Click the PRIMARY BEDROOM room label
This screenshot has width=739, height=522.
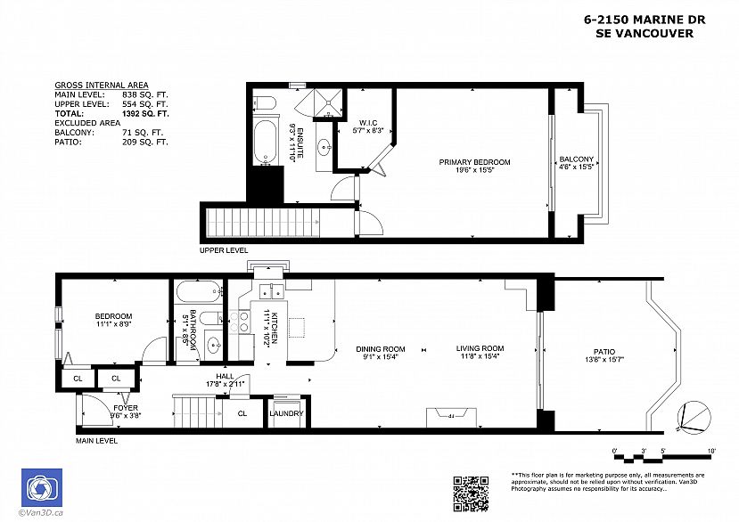(x=474, y=162)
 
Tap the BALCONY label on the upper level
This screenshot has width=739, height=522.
(x=576, y=159)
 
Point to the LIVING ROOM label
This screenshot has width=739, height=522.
(x=480, y=348)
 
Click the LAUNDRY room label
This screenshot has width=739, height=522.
(x=286, y=413)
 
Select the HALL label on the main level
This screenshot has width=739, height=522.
(x=224, y=377)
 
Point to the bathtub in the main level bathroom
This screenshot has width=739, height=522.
(x=196, y=291)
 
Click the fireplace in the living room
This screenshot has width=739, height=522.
(x=452, y=415)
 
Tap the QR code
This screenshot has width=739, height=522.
(x=471, y=493)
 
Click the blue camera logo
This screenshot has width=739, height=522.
(x=40, y=488)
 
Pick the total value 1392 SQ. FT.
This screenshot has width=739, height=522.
(x=145, y=114)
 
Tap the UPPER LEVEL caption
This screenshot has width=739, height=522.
(x=223, y=250)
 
